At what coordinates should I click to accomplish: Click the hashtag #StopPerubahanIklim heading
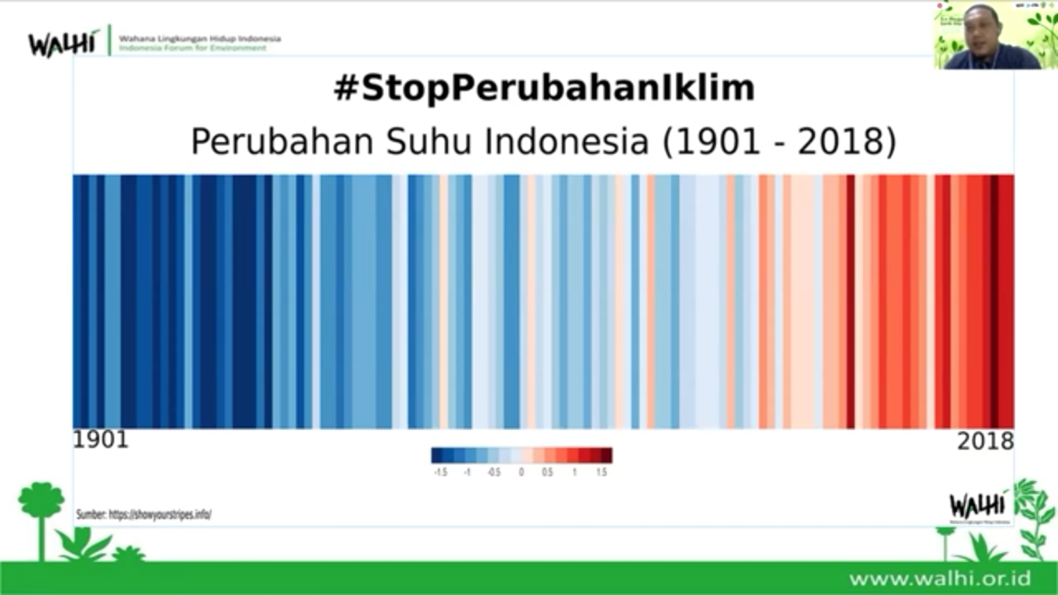[544, 88]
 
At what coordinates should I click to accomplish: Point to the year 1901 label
[101, 440]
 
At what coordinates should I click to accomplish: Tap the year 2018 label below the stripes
[985, 441]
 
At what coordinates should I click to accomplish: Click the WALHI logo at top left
[64, 42]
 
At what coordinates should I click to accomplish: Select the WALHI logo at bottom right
[979, 505]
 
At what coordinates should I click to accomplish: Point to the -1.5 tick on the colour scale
[440, 472]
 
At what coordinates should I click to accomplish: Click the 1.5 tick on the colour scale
[602, 472]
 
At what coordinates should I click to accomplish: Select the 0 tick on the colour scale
[521, 472]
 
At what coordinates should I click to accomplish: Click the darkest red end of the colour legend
[606, 455]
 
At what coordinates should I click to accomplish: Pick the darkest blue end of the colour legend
[436, 455]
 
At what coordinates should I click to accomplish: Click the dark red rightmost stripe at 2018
[1006, 302]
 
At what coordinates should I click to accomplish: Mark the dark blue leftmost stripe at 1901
[80, 302]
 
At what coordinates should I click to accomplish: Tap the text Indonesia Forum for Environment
[193, 49]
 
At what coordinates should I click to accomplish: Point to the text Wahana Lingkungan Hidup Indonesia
[199, 39]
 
